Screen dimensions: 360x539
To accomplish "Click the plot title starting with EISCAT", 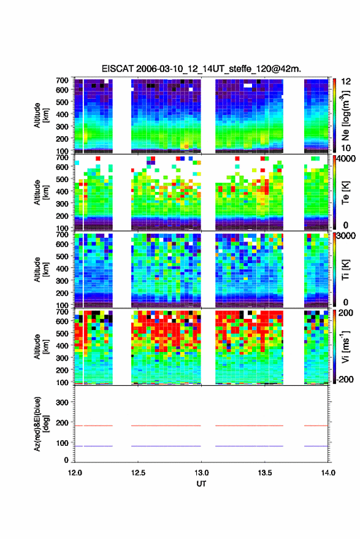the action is [x=201, y=69].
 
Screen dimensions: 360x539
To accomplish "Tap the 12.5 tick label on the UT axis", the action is [x=138, y=473].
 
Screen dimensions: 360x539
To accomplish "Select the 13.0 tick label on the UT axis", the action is [x=201, y=473].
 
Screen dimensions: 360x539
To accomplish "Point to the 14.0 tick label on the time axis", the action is [x=328, y=473].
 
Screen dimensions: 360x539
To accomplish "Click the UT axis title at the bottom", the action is [x=201, y=484].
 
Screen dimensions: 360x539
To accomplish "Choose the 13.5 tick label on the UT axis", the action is [x=264, y=473].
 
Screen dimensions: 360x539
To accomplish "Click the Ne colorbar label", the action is [x=345, y=115].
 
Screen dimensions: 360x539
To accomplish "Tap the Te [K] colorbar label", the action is [x=345, y=193].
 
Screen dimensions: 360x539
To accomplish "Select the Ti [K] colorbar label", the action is [x=345, y=270].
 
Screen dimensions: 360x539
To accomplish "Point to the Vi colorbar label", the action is [x=345, y=347].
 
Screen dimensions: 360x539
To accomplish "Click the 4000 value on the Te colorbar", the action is [x=346, y=159].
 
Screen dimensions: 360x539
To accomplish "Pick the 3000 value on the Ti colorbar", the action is [x=346, y=236].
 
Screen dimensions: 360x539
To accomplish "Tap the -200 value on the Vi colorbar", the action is [x=344, y=379].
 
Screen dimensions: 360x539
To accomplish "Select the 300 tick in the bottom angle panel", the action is [x=62, y=402].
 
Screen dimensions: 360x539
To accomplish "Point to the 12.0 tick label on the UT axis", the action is [x=75, y=473].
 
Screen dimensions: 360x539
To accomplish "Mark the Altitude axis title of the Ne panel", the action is [x=40, y=115].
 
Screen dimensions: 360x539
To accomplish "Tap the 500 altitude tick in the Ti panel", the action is [x=62, y=256].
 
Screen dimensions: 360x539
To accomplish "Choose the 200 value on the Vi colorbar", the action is [x=345, y=313].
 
